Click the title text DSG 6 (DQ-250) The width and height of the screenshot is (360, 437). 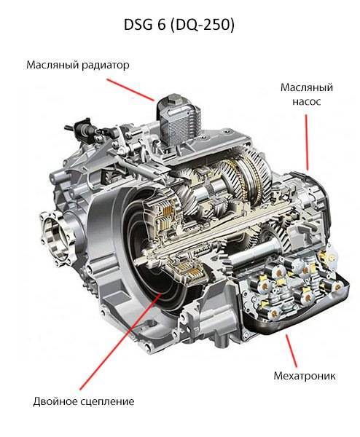click(179, 25)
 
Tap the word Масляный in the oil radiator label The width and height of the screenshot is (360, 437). click(52, 66)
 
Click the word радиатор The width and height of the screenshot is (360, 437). click(105, 66)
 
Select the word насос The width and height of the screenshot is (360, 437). click(307, 101)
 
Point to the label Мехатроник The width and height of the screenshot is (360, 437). click(305, 376)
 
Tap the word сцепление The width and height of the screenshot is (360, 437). click(107, 402)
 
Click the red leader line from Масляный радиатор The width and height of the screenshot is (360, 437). click(130, 90)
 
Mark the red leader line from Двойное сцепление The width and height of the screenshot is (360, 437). click(120, 342)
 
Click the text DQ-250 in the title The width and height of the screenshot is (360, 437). click(202, 25)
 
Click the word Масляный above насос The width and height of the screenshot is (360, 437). click(307, 87)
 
